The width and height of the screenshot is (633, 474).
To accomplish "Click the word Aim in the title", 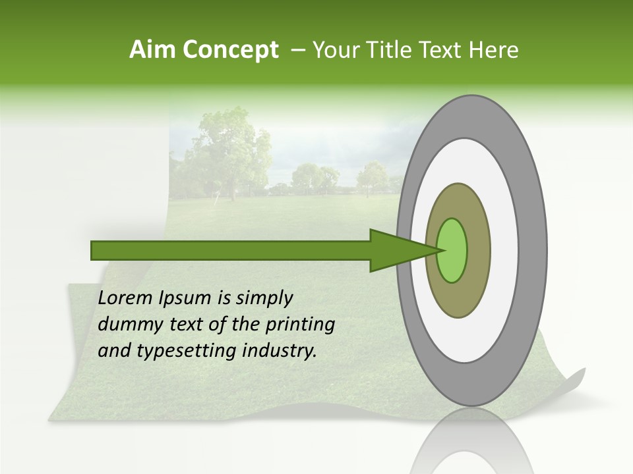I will [151, 50].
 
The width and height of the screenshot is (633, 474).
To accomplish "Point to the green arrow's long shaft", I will [231, 250].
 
